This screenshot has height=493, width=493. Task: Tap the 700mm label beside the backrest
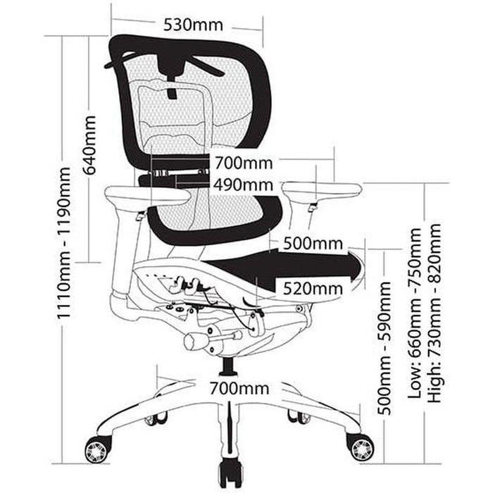(243, 164)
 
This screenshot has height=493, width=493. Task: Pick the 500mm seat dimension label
(313, 244)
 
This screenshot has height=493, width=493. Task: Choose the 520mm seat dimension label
(313, 288)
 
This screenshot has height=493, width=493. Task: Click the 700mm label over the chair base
(239, 388)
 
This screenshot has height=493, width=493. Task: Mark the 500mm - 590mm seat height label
(385, 349)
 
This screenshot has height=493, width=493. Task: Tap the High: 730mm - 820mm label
(435, 313)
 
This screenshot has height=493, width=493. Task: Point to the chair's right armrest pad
(322, 190)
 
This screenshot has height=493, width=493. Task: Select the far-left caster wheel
(96, 449)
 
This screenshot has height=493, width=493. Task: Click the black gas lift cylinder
(227, 366)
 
